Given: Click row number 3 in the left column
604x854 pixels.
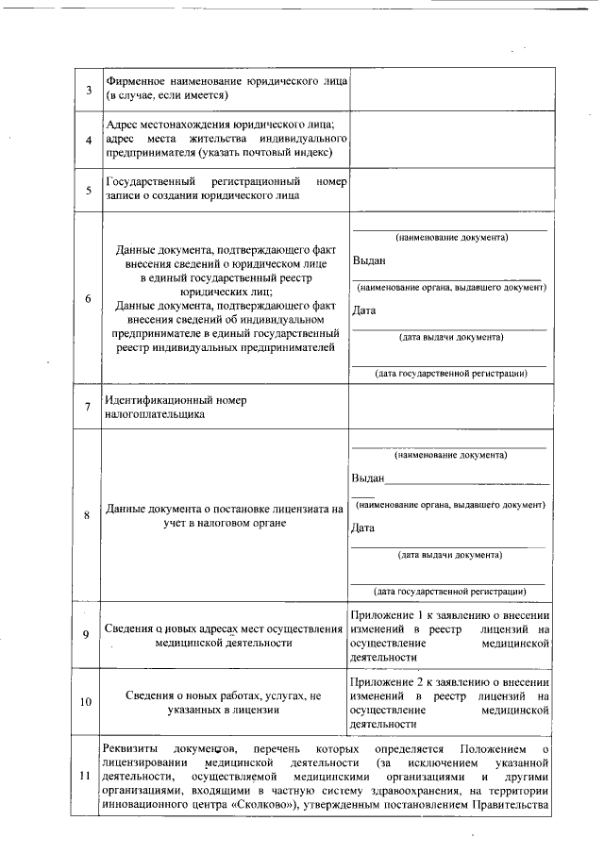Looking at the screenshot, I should [88, 90].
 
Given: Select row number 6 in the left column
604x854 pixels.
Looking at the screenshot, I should [88, 299].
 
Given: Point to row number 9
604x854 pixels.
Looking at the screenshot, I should [88, 634].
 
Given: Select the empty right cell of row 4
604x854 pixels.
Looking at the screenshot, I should [451, 139].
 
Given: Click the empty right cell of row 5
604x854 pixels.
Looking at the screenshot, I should [451, 189].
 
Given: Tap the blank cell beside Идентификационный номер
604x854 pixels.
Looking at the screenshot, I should [451, 407].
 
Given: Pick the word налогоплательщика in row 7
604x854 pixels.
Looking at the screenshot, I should [155, 414].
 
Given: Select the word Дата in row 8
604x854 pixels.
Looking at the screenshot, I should [363, 527].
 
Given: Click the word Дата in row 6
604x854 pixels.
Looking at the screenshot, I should [363, 310].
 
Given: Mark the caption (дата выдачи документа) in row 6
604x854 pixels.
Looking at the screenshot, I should [451, 337].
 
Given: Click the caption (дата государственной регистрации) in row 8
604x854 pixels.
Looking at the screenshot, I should [451, 592].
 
